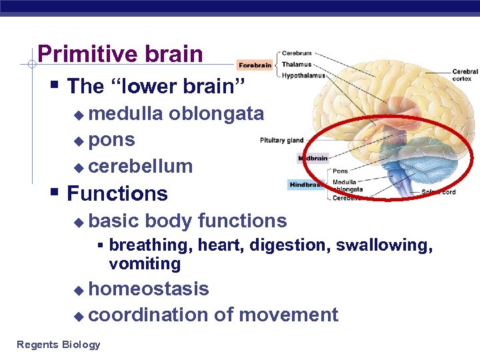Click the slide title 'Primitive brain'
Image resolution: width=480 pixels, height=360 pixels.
coord(120,54)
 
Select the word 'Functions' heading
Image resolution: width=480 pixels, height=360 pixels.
coord(117,194)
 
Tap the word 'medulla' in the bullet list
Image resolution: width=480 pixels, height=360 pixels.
coord(125,114)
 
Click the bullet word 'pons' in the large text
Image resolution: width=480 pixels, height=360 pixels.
coord(111,140)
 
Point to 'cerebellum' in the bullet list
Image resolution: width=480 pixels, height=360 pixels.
coord(140,166)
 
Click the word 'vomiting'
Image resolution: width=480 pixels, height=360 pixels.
coord(145,264)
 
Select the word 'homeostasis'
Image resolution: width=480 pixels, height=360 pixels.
coord(148,289)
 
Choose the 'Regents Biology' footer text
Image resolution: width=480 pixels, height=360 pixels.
coord(59,345)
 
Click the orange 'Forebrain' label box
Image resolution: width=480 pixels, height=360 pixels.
coord(255,65)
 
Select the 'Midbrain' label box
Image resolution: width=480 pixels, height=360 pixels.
coord(313,159)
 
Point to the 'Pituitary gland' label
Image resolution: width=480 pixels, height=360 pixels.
coord(281,141)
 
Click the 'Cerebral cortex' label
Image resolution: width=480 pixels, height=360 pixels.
coord(465,75)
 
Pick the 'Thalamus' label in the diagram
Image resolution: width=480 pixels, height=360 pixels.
coord(297,65)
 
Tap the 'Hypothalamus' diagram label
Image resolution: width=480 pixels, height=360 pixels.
coord(303,76)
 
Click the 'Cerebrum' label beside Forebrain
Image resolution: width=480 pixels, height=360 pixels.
coord(297,53)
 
